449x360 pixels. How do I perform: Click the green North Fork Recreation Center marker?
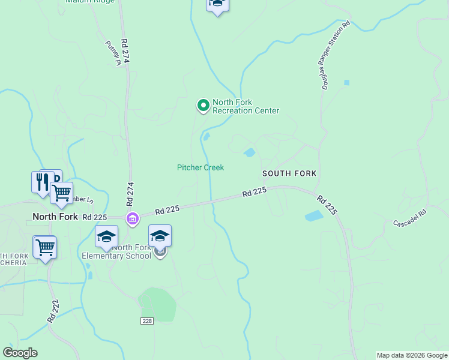(203, 106)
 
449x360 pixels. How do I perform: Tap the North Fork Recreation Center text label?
(246, 106)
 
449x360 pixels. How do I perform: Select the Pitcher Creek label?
(200, 167)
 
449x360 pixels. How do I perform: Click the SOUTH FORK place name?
(289, 173)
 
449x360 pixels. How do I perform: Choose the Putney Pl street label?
(113, 52)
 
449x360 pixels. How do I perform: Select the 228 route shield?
(147, 321)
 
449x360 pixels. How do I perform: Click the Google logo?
(20, 353)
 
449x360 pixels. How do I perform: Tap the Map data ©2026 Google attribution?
(412, 355)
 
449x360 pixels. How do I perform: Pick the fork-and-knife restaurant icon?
(41, 181)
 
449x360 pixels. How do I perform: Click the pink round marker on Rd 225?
(132, 218)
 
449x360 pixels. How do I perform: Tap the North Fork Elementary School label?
(117, 251)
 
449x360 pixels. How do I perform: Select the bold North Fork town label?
(55, 217)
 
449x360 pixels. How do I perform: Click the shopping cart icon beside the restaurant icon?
(61, 193)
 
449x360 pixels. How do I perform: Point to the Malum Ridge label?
(89, 2)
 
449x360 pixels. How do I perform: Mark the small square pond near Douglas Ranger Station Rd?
(346, 82)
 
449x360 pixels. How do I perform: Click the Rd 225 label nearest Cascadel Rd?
(328, 205)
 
